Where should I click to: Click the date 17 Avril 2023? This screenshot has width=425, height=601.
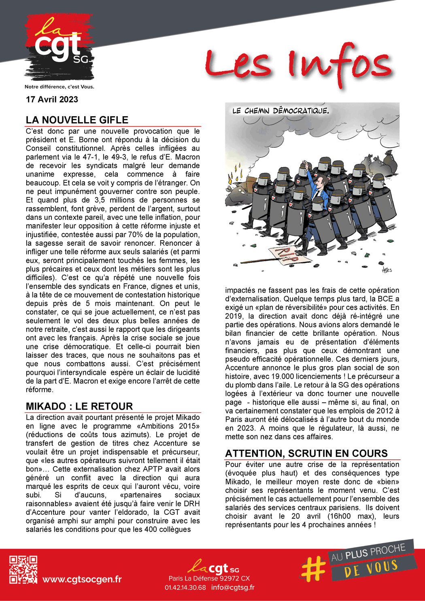click(x=52, y=100)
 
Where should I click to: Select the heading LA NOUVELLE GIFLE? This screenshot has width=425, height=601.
click(x=77, y=120)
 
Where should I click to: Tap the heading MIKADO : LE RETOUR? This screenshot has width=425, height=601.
click(x=79, y=406)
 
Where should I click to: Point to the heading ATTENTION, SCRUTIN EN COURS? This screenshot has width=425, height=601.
click(x=306, y=453)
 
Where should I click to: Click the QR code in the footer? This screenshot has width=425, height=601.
click(x=23, y=569)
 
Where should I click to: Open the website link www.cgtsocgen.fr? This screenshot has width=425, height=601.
click(x=82, y=579)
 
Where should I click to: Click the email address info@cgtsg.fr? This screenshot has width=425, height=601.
click(x=233, y=587)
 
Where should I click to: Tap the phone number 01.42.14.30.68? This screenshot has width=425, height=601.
click(x=185, y=587)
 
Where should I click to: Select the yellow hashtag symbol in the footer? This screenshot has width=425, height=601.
click(x=313, y=568)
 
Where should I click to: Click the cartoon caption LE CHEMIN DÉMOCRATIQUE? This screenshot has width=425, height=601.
click(x=280, y=110)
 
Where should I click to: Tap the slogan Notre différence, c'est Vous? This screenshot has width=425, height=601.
click(x=59, y=87)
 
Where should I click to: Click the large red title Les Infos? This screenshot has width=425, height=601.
click(x=298, y=65)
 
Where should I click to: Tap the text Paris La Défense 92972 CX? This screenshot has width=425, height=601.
click(x=209, y=578)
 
